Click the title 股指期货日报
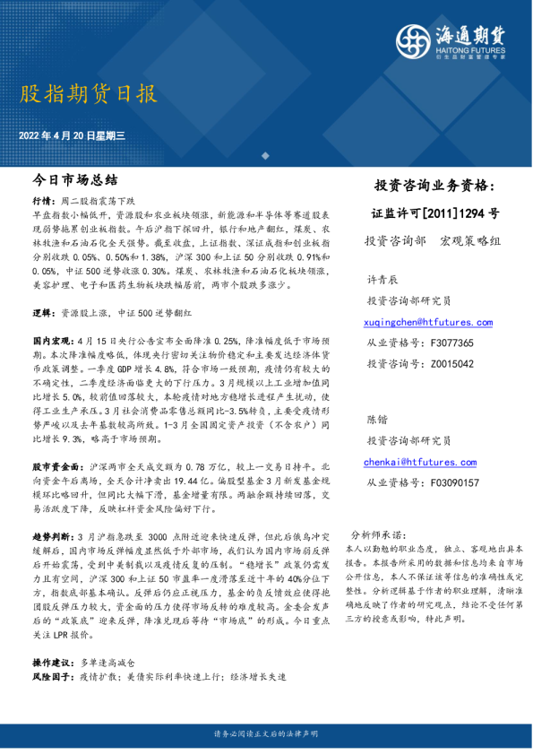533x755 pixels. [x=87, y=94]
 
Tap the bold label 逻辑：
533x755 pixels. [x=43, y=313]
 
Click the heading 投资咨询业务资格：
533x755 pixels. [x=434, y=186]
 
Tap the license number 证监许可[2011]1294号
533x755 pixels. [x=435, y=213]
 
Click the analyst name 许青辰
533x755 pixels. [x=382, y=280]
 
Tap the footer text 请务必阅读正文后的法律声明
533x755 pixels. [x=266, y=733]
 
